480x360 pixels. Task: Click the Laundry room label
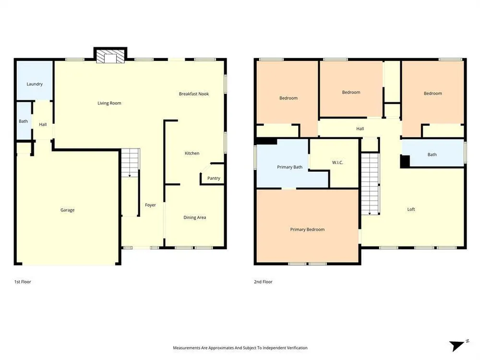coord(35,84)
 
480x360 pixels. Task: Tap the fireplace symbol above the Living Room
coord(110,56)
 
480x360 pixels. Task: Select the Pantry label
coord(214,178)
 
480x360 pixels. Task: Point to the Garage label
coord(67,210)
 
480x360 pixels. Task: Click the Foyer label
coord(150,205)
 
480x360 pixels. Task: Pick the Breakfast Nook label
coord(194,94)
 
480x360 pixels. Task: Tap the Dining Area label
coord(195,217)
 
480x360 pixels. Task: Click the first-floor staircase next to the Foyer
coord(131,163)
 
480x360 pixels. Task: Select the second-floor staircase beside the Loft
coord(371,184)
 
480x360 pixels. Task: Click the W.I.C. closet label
coord(337,163)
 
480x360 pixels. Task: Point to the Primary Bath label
coord(289,167)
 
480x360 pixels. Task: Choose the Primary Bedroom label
coord(307,229)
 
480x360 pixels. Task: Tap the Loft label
coord(411,209)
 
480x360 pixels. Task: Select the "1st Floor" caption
coord(23,282)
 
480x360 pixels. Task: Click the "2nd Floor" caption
coord(263,282)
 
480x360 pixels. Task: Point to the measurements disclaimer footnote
coord(240,348)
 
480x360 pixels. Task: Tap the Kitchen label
coord(192,154)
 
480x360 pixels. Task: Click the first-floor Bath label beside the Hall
coord(23,121)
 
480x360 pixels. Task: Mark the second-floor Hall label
coord(360,129)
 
